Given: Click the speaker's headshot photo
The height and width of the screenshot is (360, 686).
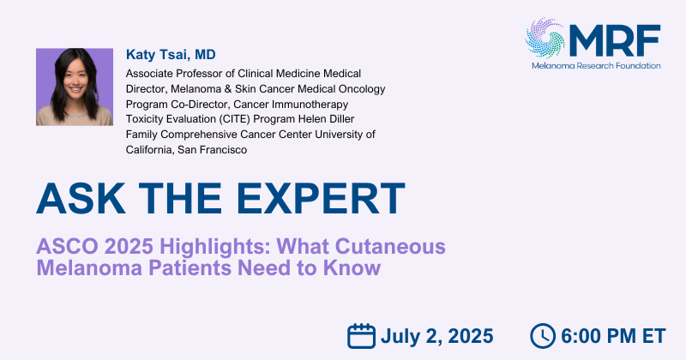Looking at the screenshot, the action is pyautogui.click(x=75, y=87).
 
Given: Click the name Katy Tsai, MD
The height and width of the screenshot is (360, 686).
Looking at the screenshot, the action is pyautogui.click(x=171, y=55).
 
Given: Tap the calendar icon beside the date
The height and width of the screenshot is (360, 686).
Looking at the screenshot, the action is pyautogui.click(x=361, y=336).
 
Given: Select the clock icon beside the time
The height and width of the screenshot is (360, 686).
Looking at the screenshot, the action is pyautogui.click(x=543, y=336).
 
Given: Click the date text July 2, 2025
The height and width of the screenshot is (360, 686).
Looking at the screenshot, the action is pyautogui.click(x=437, y=336).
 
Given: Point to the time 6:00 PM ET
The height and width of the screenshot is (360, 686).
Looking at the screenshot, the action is pyautogui.click(x=613, y=336).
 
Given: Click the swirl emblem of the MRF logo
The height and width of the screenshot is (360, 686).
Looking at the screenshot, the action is pyautogui.click(x=545, y=38).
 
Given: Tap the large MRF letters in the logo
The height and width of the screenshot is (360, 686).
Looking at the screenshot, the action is pyautogui.click(x=615, y=40).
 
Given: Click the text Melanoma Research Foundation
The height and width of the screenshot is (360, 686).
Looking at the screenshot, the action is pyautogui.click(x=596, y=66).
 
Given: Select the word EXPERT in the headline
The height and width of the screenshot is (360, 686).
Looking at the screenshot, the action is pyautogui.click(x=321, y=199).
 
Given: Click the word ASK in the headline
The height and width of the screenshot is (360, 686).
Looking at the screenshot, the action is pyautogui.click(x=81, y=199).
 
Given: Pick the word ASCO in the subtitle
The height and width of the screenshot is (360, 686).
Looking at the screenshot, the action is pyautogui.click(x=68, y=246).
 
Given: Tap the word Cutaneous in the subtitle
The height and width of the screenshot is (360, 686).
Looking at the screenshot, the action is pyautogui.click(x=390, y=246).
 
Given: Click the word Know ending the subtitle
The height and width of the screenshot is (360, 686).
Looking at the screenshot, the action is pyautogui.click(x=352, y=267).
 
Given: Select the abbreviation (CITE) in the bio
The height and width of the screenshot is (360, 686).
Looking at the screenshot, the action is pyautogui.click(x=234, y=119).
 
